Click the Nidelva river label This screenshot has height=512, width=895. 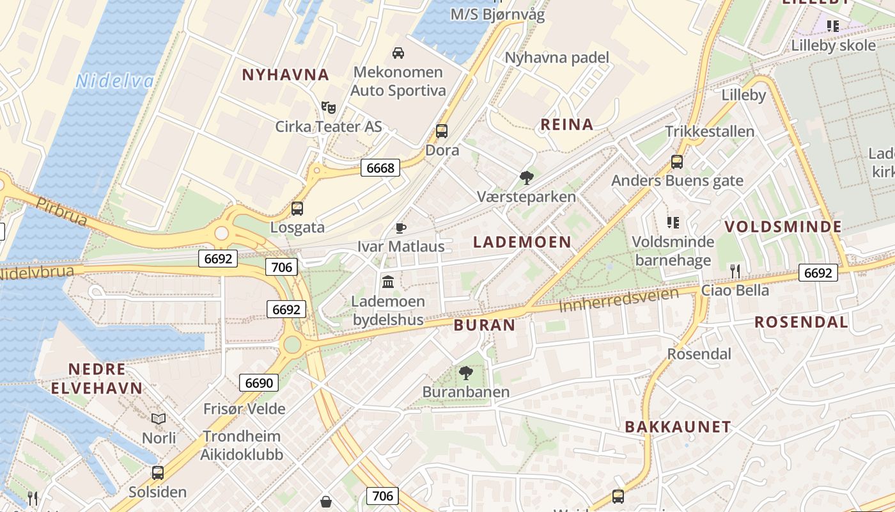pos(114,81)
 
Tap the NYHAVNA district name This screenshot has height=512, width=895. pos(285,75)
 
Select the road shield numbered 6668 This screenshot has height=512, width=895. pos(380,168)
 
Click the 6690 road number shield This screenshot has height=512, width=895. pos(259,383)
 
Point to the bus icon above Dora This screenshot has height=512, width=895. pos(442,131)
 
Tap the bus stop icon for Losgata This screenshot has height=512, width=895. pos(297,208)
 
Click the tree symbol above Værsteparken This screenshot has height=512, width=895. pos(527,177)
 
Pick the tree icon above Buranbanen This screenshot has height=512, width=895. pos(466,372)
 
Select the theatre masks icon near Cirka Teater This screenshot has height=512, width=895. pos(329,107)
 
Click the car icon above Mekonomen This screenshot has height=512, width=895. pos(398,52)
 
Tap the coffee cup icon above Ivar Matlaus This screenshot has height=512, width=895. pos(400,228)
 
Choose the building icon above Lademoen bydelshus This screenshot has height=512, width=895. pos(388,281)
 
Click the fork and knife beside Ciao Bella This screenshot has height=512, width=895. pos(735,271)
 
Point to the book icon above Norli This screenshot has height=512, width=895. pos(159,419)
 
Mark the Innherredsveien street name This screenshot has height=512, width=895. pos(618,300)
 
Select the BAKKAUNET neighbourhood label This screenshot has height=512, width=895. pos(678,427)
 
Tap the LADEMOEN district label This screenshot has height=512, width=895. pos(522,242)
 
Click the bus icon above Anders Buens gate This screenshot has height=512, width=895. pos(677,162)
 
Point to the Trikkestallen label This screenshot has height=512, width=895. pos(710,131)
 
